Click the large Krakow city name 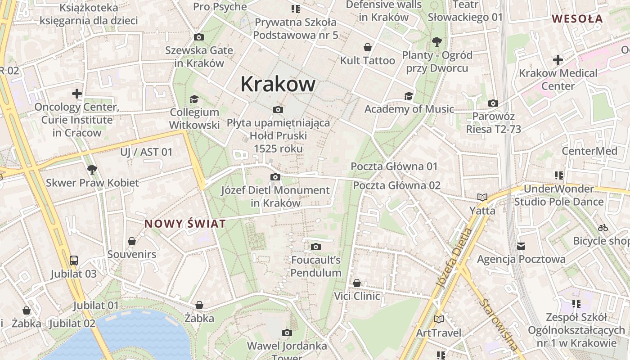click(x=278, y=84)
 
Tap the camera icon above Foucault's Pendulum click(x=316, y=247)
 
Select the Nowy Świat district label click(x=185, y=224)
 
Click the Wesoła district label click(x=577, y=19)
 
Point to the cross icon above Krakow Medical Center click(x=558, y=59)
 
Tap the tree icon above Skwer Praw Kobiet click(x=92, y=170)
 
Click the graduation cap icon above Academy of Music click(x=409, y=96)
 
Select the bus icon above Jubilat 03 click(x=73, y=260)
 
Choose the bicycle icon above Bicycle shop click(x=603, y=228)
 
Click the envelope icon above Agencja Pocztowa click(x=521, y=246)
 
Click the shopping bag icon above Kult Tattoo click(x=368, y=47)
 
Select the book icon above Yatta click(x=482, y=197)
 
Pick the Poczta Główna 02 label click(x=396, y=185)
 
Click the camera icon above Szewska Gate click(x=199, y=37)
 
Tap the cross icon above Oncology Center click(x=77, y=94)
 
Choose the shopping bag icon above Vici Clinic click(x=357, y=283)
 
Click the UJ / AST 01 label click(x=146, y=152)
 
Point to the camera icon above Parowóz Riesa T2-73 click(x=493, y=103)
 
